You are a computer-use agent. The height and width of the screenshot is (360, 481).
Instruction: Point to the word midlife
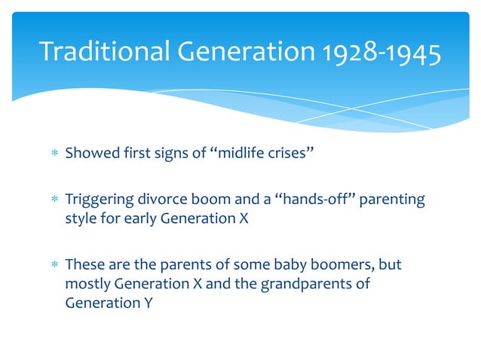point(241,154)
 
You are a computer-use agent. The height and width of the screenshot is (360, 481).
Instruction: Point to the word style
point(80,219)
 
